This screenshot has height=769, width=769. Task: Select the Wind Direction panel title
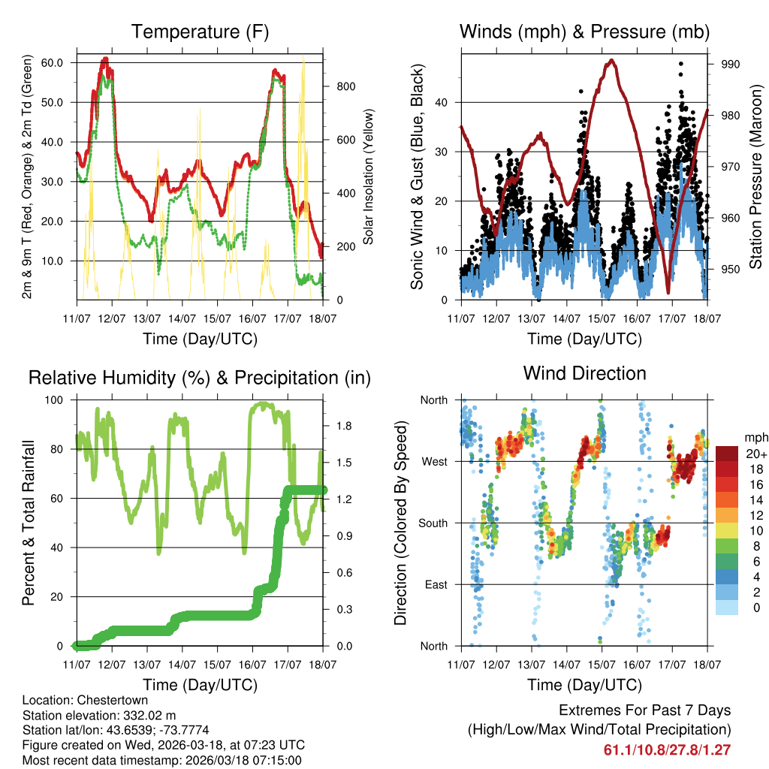584,373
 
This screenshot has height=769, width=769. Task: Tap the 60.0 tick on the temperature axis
62,62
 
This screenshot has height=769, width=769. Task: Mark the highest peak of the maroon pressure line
613,61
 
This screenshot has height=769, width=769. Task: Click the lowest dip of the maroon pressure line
668,291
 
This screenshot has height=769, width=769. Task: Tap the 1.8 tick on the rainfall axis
345,426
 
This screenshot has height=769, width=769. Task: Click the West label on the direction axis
434,462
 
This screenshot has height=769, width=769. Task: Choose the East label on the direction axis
435,585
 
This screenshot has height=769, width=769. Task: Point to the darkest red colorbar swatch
728,454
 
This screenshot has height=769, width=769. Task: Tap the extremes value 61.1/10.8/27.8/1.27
667,750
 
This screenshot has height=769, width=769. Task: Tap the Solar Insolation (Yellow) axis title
369,176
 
